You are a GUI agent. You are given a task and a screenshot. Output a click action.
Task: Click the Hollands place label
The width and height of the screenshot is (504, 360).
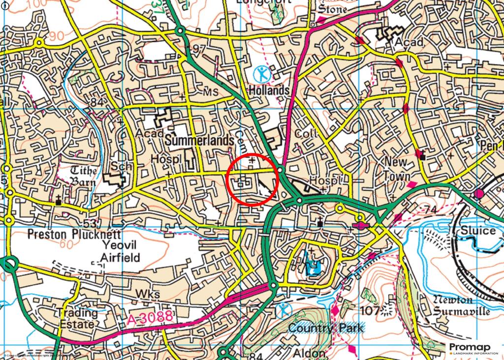click(269, 90)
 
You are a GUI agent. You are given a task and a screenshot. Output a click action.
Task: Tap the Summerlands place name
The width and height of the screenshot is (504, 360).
click(199, 141)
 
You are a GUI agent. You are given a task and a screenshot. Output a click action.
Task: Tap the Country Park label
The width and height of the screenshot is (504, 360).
click(326, 328)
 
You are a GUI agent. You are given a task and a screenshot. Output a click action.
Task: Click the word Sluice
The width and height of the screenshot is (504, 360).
click(478, 231)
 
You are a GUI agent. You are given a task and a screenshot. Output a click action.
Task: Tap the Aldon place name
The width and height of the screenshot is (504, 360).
click(309, 353)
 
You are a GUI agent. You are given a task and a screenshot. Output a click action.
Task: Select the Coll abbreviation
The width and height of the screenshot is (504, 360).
click(306, 134)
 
